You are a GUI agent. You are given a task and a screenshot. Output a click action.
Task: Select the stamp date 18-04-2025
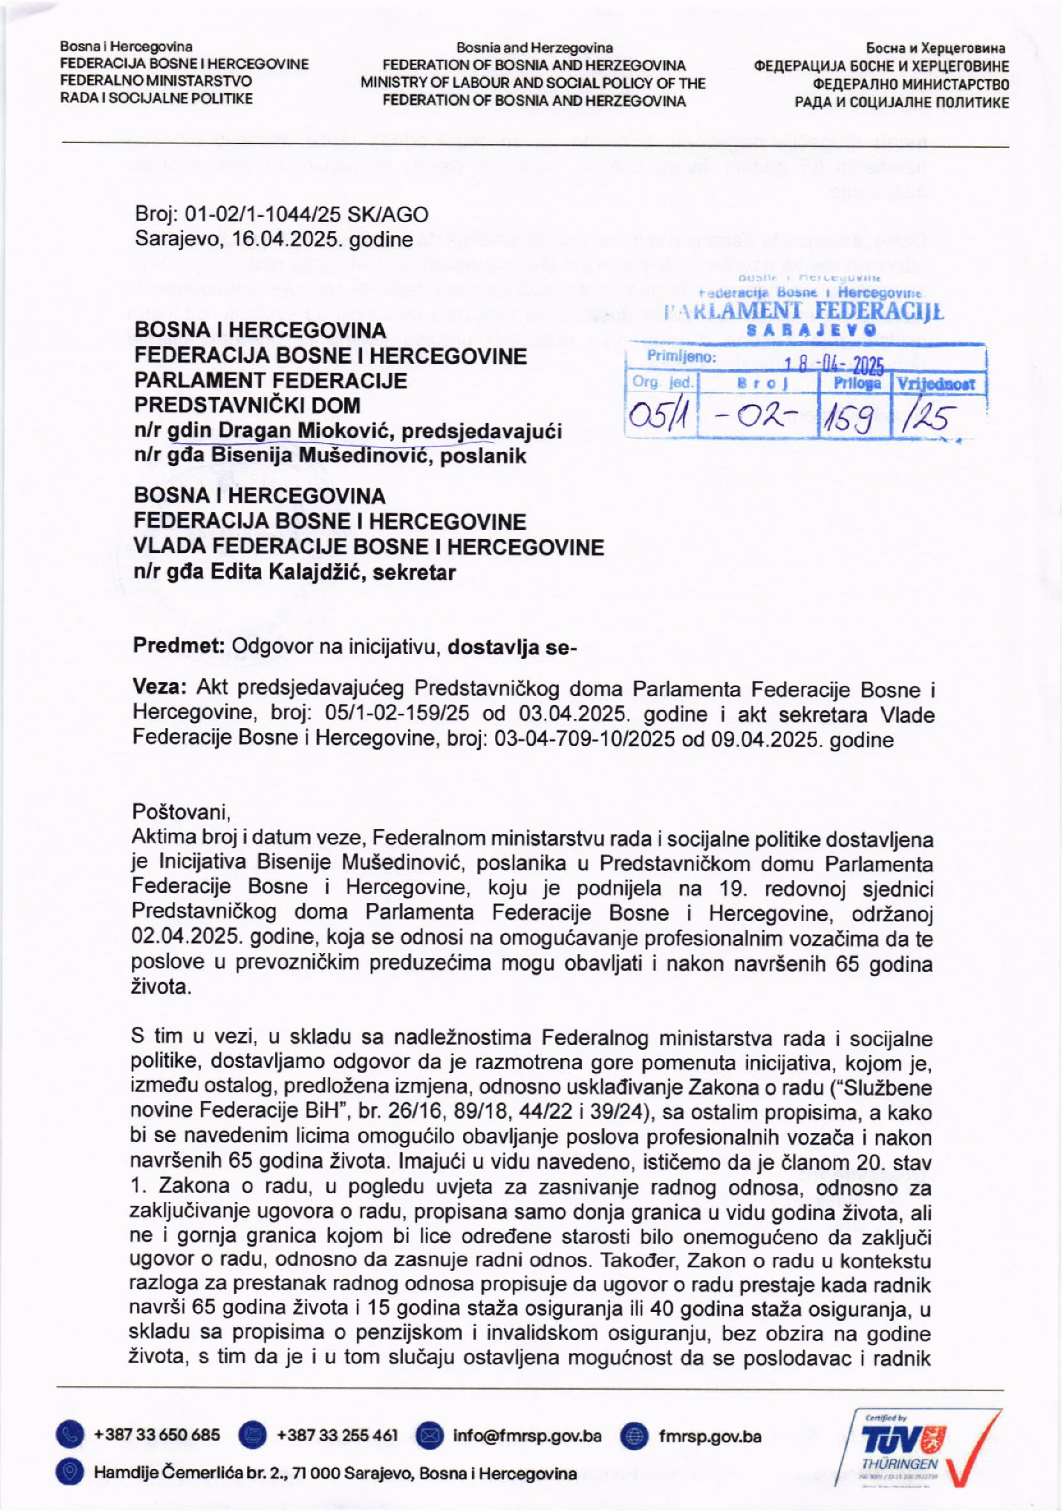(x=834, y=364)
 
